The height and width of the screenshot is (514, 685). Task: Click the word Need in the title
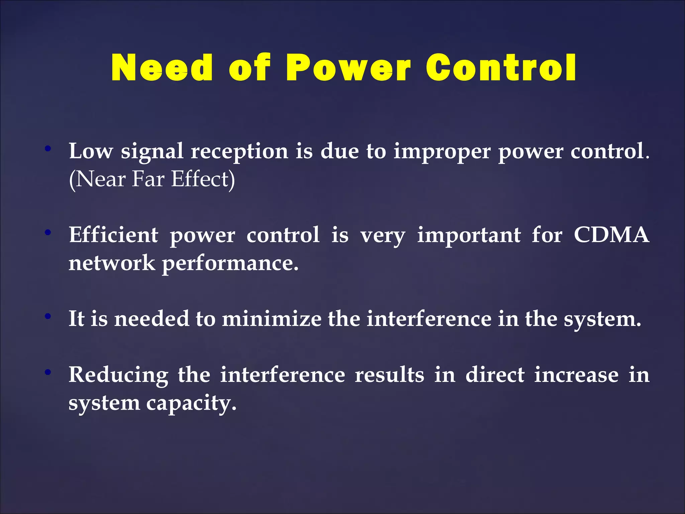click(162, 68)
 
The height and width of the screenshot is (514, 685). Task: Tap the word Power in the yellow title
click(348, 68)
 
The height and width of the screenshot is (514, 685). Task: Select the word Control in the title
click(501, 68)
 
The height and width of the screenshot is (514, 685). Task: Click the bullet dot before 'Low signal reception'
click(48, 148)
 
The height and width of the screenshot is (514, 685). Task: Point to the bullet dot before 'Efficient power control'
click(48, 232)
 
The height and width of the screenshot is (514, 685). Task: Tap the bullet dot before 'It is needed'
click(48, 316)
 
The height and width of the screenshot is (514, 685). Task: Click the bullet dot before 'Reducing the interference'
click(48, 371)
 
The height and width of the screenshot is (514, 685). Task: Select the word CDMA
click(611, 235)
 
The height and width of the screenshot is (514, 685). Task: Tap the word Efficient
click(113, 235)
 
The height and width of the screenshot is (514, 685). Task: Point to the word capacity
click(191, 404)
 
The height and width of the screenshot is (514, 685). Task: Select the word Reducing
click(118, 375)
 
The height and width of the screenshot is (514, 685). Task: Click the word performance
click(230, 263)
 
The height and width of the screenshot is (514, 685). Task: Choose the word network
click(112, 263)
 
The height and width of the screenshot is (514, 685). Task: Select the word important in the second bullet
click(469, 235)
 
